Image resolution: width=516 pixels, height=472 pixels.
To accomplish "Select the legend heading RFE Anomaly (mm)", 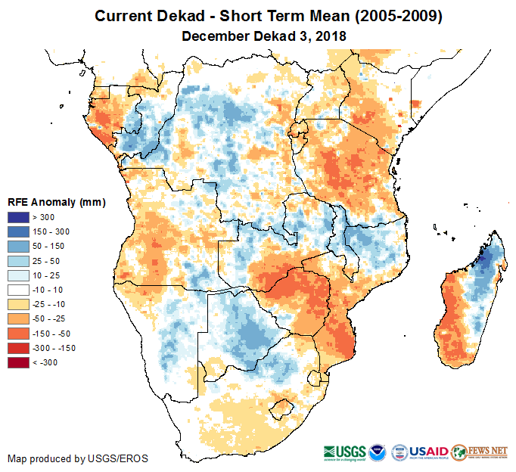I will pos(56,203).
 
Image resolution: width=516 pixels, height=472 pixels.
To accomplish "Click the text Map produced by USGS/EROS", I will pos(78,458).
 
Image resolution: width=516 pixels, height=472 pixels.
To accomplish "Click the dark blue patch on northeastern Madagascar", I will pos(485,264).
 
